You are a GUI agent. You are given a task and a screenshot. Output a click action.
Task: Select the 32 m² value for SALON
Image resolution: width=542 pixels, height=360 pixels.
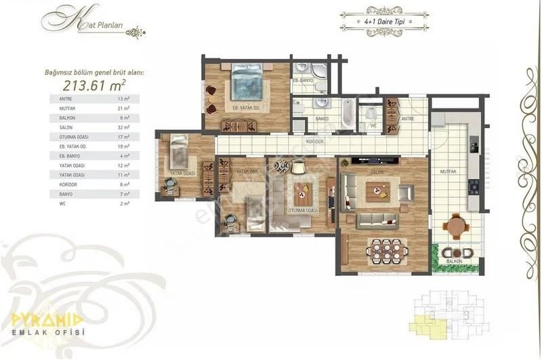click(123, 126)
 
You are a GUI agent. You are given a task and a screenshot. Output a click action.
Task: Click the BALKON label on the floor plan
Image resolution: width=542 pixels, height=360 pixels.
click(453, 260)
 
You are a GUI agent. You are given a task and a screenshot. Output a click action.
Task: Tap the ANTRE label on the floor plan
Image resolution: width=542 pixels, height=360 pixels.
click(407, 119)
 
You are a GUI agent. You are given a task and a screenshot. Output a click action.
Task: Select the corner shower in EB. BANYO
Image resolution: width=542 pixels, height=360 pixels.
click(316, 70)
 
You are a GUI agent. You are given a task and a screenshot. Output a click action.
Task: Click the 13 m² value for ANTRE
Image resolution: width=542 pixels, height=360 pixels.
click(123, 98)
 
